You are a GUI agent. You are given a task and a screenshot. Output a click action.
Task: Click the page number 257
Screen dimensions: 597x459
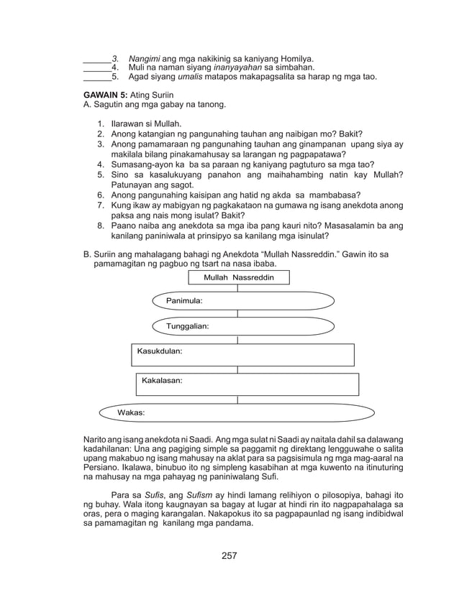tap(229, 555)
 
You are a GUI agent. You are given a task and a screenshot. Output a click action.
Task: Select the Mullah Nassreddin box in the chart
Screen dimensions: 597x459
tap(238, 277)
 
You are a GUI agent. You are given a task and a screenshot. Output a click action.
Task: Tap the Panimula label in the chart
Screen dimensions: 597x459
tap(184, 300)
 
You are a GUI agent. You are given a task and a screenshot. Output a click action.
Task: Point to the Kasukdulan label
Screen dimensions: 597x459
tap(160, 352)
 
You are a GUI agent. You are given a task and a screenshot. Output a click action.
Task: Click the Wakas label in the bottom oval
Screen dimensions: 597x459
tap(131, 413)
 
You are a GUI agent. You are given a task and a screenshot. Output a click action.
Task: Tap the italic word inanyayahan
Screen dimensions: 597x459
tap(228, 67)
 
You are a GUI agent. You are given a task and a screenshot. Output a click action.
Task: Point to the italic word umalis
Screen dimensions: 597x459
tap(192, 76)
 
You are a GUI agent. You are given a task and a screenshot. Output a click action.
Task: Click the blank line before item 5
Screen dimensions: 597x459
tap(96, 76)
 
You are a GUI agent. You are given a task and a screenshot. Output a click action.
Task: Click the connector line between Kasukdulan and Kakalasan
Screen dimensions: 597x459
tap(237, 370)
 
